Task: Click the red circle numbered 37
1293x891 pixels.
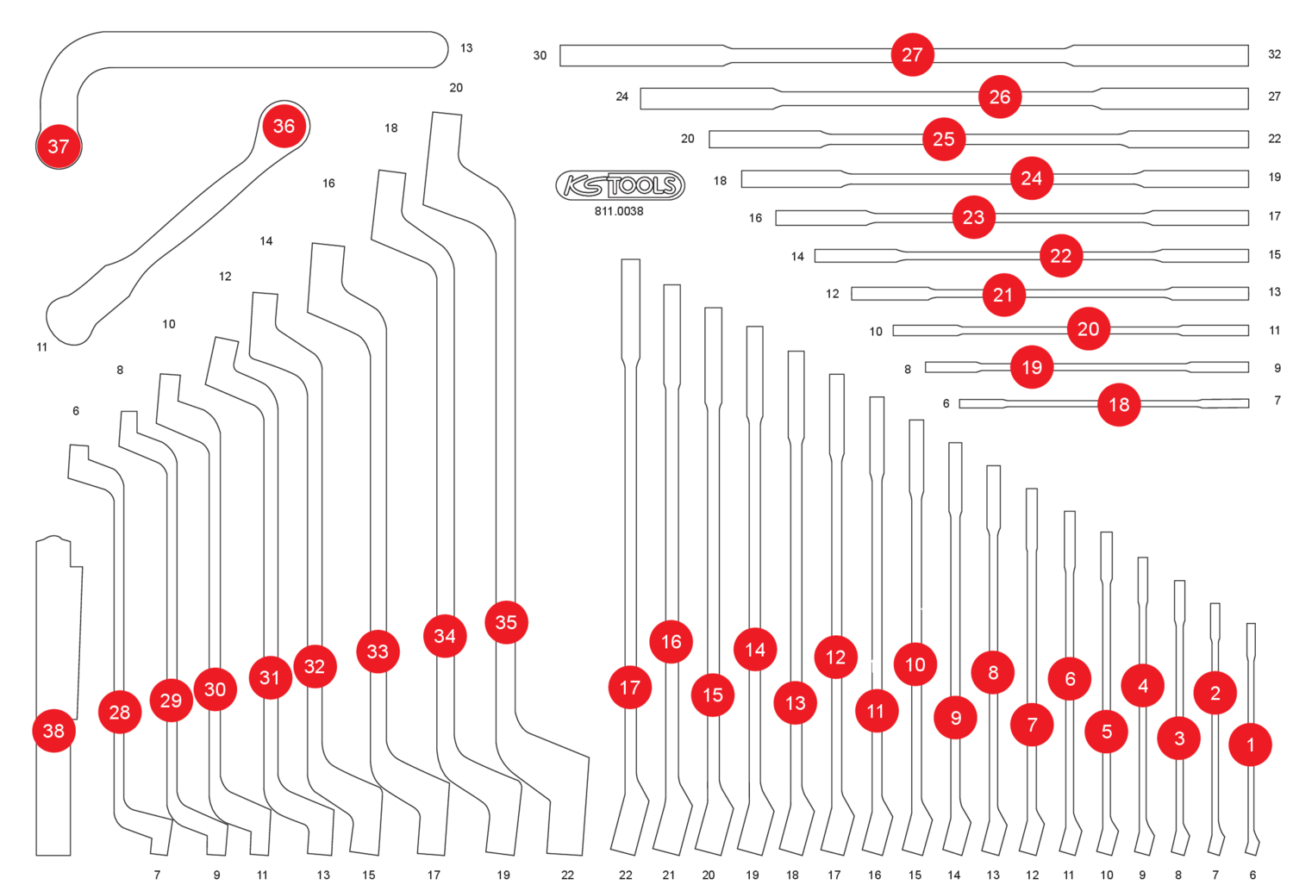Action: pyautogui.click(x=59, y=146)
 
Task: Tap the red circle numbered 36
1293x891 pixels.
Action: pyautogui.click(x=284, y=127)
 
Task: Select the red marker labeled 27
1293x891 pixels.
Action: pyautogui.click(x=912, y=55)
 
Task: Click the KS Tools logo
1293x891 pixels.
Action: pyautogui.click(x=620, y=185)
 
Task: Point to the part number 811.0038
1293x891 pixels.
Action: pyautogui.click(x=619, y=211)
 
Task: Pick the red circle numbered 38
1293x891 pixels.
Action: pyautogui.click(x=53, y=731)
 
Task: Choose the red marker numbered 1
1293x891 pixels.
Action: pyautogui.click(x=1250, y=745)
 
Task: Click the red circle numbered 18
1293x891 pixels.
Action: pyautogui.click(x=1119, y=405)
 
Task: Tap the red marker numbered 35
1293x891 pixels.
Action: pyautogui.click(x=506, y=622)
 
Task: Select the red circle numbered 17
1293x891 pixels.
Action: pyautogui.click(x=630, y=688)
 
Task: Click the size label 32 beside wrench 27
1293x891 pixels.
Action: pyautogui.click(x=1274, y=54)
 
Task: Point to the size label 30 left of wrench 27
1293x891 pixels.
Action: pyautogui.click(x=540, y=56)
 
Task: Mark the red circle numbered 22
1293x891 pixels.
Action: pyautogui.click(x=1061, y=256)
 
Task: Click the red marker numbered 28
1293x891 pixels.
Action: pyautogui.click(x=120, y=712)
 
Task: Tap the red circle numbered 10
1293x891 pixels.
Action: pyautogui.click(x=915, y=664)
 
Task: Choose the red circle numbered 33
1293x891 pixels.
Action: pyautogui.click(x=378, y=651)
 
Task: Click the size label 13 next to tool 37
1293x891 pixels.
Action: pyautogui.click(x=466, y=48)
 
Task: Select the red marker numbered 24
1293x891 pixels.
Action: pyautogui.click(x=1032, y=178)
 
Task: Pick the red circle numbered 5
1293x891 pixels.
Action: pyautogui.click(x=1107, y=732)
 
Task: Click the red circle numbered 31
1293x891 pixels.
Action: pyautogui.click(x=270, y=677)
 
